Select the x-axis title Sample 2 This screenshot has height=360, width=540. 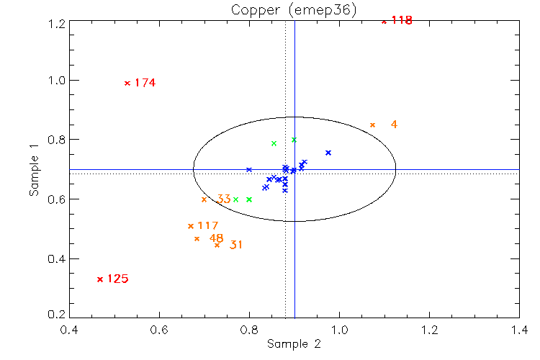tap(294, 344)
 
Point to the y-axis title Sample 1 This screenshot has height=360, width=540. tap(33, 170)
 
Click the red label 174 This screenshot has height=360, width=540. tap(145, 83)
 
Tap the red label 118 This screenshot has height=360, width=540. tap(402, 20)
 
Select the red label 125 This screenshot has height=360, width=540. tap(117, 279)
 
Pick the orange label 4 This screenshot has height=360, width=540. tap(394, 125)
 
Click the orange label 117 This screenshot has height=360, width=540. tap(207, 226)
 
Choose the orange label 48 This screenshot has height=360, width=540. tap(216, 238)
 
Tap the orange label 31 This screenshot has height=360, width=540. tap(236, 245)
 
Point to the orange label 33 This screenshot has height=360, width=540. tap(224, 199)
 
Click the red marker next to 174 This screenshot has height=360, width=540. tap(127, 83)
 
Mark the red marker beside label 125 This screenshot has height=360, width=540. tap(100, 279)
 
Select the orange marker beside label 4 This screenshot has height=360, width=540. tap(372, 125)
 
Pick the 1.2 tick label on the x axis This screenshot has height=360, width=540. tap(430, 330)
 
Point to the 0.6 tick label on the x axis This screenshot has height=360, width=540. tap(159, 330)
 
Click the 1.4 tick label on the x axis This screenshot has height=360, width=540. tap(519, 330)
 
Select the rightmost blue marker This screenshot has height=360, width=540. tap(328, 153)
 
